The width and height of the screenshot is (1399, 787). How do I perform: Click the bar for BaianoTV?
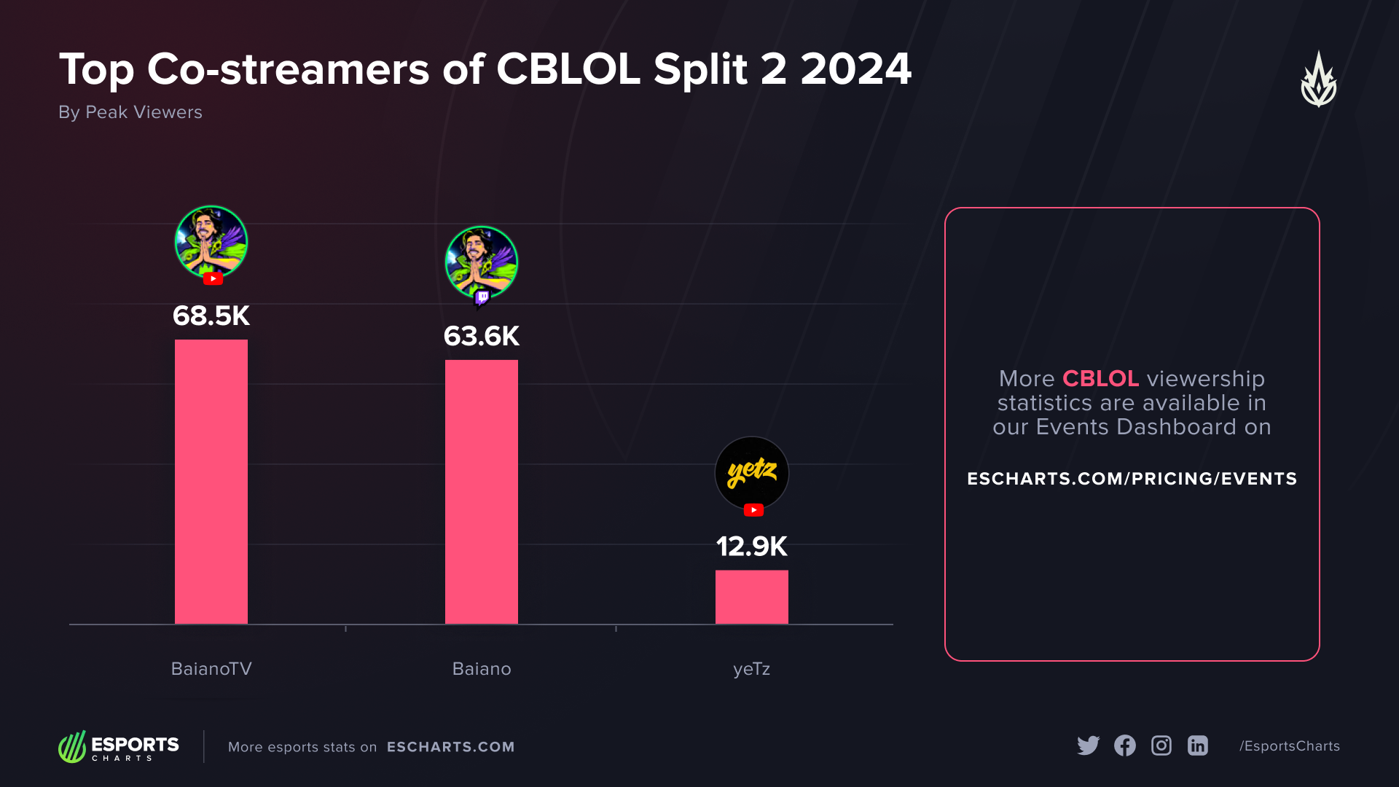pos(211,481)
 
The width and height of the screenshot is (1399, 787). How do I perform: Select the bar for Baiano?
pos(482,492)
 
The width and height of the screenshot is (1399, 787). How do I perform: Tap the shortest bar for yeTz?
pos(751,597)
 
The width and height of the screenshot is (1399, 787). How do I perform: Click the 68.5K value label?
pos(211,316)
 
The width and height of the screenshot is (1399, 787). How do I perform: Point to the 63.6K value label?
pos(482,337)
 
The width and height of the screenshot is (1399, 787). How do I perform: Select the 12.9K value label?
pos(751,547)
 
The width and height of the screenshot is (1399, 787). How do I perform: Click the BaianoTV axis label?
pos(211,669)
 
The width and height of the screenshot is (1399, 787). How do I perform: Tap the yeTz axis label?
pos(751,669)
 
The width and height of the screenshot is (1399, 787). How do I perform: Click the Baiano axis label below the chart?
pos(482,669)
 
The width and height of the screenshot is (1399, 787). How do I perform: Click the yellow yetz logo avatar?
pos(751,472)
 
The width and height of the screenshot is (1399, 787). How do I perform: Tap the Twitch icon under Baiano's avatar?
pos(482,297)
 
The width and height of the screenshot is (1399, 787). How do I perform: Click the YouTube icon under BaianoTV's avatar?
pos(213,278)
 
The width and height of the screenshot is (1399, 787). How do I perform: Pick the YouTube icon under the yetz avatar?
pos(753,510)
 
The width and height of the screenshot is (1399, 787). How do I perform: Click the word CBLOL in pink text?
pos(1100,379)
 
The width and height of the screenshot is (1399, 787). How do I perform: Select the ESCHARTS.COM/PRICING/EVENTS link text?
pos(1132,479)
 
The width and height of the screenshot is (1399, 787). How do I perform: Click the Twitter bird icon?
pos(1088,745)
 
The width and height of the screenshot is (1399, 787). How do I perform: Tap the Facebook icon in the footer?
pos(1124,745)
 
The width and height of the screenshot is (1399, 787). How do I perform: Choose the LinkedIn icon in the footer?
pos(1198,745)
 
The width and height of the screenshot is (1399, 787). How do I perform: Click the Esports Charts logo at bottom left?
pos(119,747)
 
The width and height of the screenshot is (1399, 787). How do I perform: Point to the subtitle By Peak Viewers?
pos(130,112)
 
